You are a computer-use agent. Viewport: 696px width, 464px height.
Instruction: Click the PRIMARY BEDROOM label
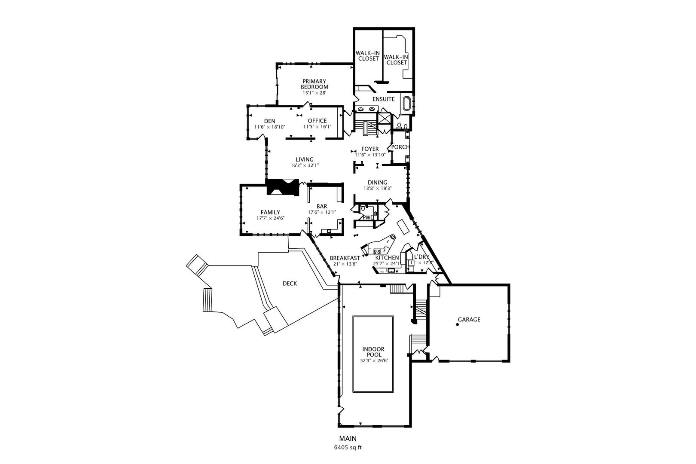point(314,84)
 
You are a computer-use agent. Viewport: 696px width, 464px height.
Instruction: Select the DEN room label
point(270,121)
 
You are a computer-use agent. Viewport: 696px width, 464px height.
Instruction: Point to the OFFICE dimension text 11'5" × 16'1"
point(317,127)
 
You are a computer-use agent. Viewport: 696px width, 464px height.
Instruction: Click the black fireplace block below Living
point(283,187)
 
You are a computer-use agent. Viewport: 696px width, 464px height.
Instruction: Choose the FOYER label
point(370,149)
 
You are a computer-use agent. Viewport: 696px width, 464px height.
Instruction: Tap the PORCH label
point(400,147)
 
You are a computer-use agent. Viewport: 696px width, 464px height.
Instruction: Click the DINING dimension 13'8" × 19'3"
point(378,188)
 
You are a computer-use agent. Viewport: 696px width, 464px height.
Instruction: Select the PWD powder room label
point(369,217)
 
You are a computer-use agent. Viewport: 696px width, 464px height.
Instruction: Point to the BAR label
point(322,206)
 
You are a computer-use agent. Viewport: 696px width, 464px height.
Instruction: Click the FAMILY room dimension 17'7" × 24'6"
point(270,218)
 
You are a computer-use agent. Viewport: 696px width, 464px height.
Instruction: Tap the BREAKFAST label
point(345,258)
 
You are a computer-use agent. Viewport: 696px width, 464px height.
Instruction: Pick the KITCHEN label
point(387,258)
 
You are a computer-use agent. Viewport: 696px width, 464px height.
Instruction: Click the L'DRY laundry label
point(421,257)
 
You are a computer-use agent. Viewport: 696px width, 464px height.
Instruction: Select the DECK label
point(290,284)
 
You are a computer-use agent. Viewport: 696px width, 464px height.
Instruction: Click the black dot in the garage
point(458,325)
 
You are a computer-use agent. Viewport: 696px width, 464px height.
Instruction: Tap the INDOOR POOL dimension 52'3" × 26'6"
point(373,361)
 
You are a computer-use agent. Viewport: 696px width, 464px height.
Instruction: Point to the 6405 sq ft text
point(348,448)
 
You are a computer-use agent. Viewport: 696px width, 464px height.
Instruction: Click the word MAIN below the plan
point(348,439)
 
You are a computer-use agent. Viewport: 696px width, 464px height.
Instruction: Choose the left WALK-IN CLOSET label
point(368,56)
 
